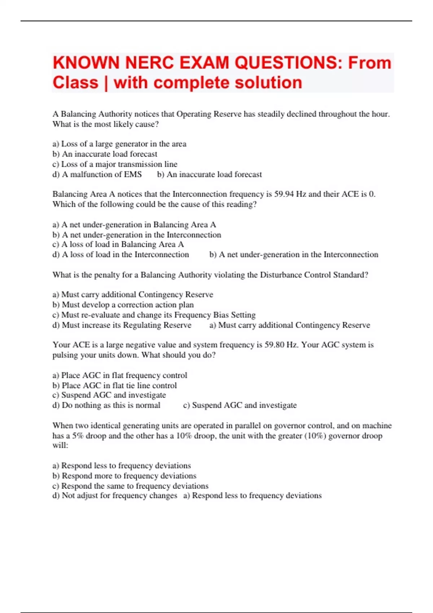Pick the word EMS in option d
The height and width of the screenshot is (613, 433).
click(x=133, y=175)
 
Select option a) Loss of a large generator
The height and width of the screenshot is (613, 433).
click(x=119, y=144)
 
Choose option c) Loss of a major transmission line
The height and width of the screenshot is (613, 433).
click(x=115, y=164)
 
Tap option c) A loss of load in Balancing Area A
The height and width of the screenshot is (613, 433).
click(x=118, y=244)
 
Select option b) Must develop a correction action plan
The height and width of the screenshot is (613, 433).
click(x=123, y=305)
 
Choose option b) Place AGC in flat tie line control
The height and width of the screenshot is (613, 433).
click(x=115, y=385)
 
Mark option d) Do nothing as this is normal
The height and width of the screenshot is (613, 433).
click(x=106, y=405)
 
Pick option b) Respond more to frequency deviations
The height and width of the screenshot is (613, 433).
click(x=124, y=476)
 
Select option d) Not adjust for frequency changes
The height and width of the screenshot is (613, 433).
click(x=115, y=496)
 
